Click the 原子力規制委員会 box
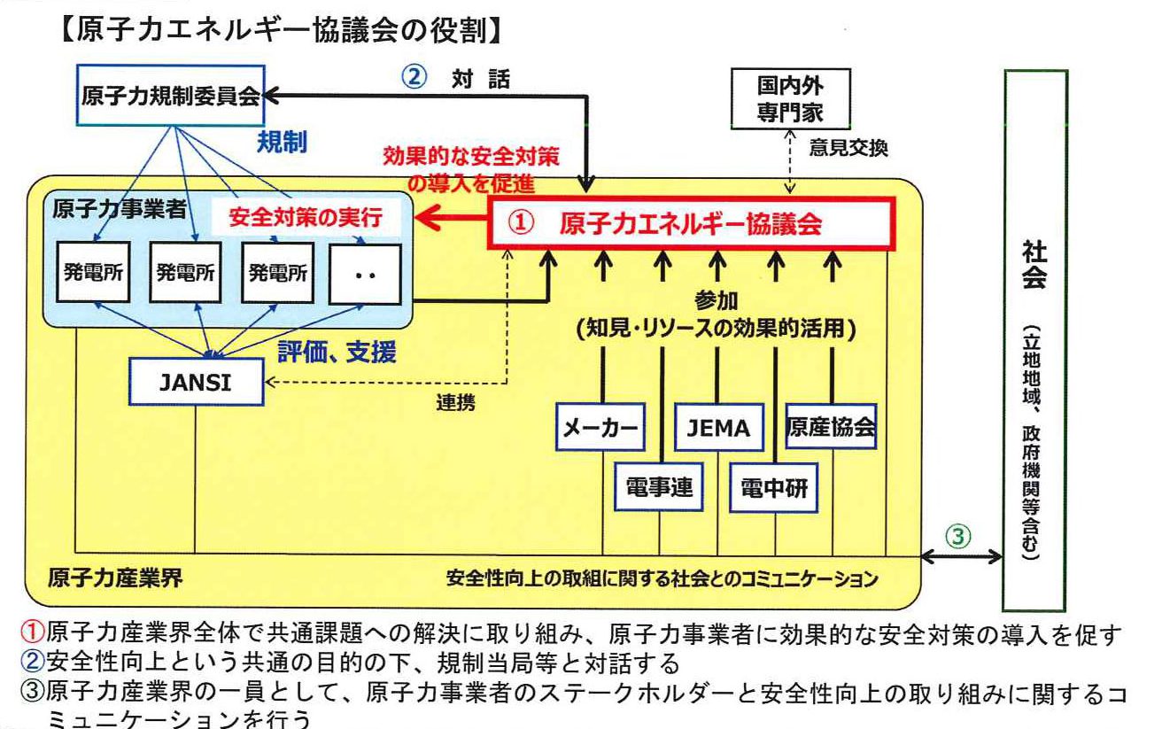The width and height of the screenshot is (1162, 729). point(171,97)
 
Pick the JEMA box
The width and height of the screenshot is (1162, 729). point(718,428)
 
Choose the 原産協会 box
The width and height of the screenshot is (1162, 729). point(832,427)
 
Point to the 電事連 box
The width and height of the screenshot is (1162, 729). point(659,486)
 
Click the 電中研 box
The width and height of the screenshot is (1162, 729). point(774,486)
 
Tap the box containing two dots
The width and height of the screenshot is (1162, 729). point(365,274)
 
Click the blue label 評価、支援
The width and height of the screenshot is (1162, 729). point(337,353)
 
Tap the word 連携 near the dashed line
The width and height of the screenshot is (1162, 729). point(455,403)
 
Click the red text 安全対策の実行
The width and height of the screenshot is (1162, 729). point(305,218)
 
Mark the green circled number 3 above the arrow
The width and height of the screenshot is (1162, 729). point(960,536)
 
